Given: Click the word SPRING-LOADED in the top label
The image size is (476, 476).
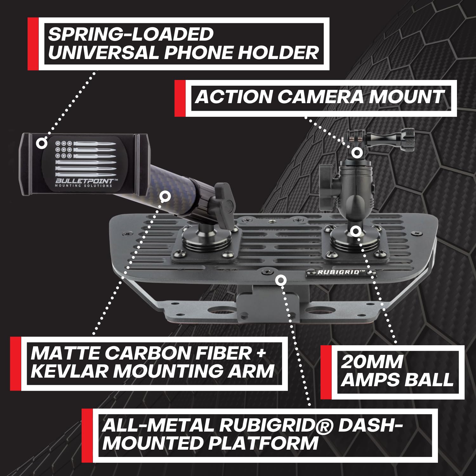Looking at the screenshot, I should (130, 34).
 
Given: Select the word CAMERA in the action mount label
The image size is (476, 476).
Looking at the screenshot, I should (321, 97).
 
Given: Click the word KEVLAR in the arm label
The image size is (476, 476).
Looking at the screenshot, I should (69, 371).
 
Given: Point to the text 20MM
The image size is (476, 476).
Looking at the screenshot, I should (372, 362).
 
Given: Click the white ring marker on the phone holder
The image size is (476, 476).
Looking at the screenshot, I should (41, 143).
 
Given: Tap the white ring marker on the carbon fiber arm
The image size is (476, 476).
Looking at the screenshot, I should (164, 197).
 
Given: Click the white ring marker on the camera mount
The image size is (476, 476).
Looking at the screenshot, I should (357, 153).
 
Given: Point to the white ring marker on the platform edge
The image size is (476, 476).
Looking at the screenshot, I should (281, 280).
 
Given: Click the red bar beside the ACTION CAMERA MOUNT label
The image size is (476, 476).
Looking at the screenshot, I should (180, 98).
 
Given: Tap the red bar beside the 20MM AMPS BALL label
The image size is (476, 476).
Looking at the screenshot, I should (326, 372).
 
